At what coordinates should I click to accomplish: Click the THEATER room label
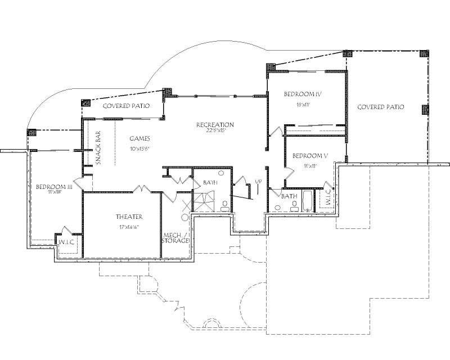coord(129,217)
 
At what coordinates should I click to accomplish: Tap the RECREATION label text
coord(215,124)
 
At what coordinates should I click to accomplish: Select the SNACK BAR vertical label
coord(98,147)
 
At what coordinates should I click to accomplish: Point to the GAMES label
coord(139,138)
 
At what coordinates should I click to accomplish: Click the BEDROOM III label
coord(53,187)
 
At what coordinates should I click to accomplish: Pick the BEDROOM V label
coord(307,156)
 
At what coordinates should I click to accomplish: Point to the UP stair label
coord(258,182)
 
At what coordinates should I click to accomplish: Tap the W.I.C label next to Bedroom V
coord(328,198)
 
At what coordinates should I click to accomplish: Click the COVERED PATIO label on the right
coord(381,107)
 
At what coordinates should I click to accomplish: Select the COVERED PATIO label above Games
coord(126,106)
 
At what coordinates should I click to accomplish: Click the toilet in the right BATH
coord(278,209)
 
